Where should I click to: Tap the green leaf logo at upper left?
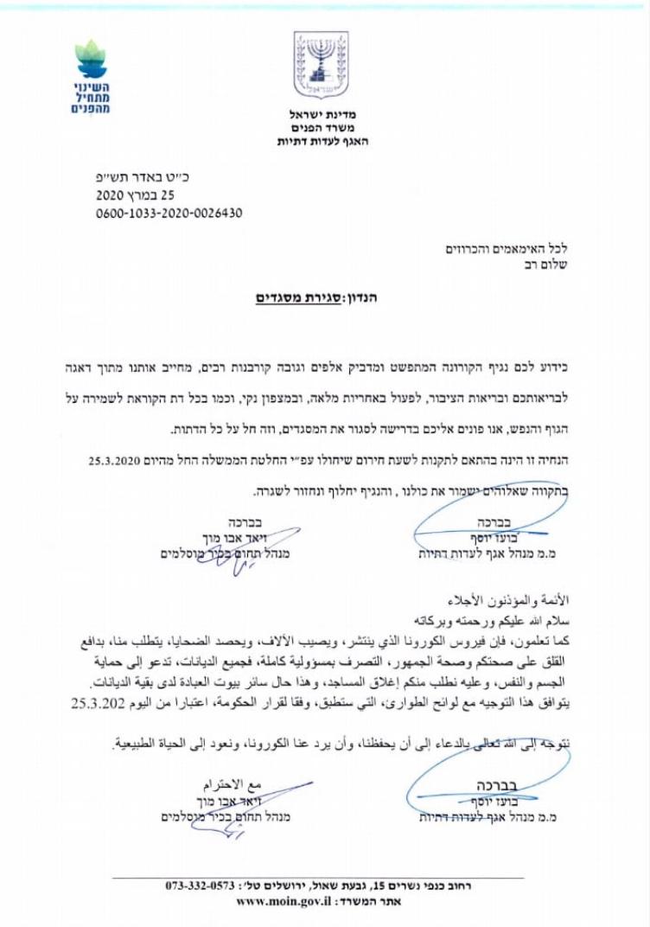89,59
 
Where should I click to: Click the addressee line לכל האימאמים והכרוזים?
509,249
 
